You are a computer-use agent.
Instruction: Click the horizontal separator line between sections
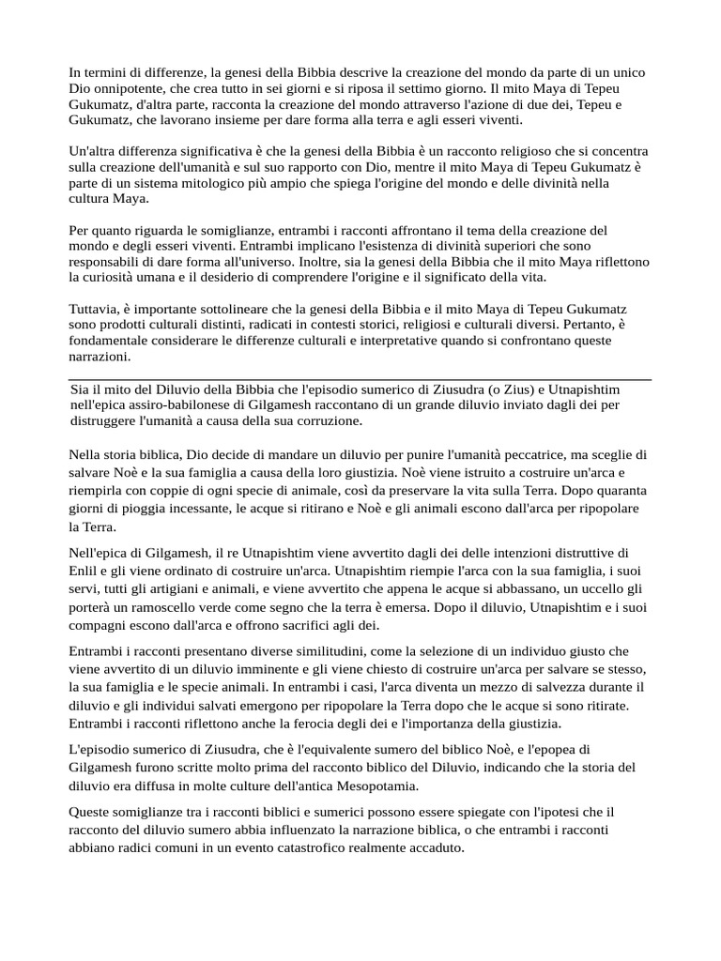coord(360,379)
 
